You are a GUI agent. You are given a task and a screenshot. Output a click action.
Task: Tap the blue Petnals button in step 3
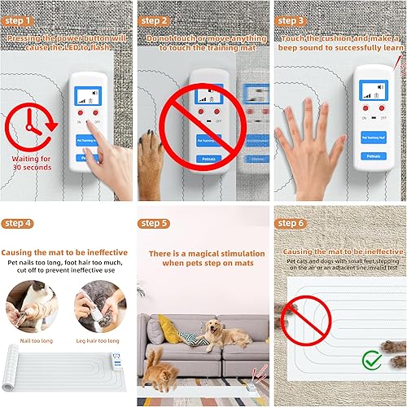(x=373, y=155)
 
